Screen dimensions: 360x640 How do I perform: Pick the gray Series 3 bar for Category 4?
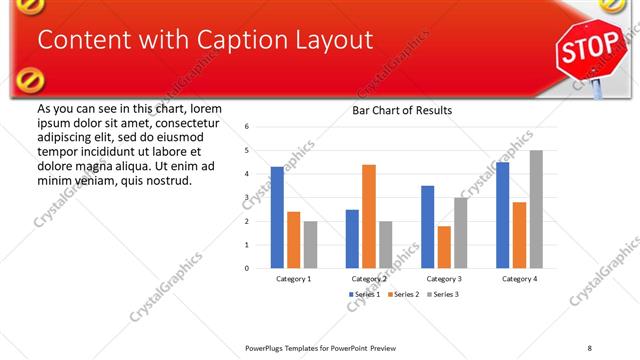[x=536, y=209]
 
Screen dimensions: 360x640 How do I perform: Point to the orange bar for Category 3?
[x=444, y=247]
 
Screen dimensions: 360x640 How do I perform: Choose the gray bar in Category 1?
[x=310, y=244]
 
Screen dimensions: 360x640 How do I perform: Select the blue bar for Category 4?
[x=502, y=215]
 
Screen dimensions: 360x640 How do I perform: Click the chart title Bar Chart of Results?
[x=402, y=110]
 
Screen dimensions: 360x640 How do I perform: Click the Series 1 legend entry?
[x=361, y=295]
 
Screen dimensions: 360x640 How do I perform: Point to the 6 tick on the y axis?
[x=246, y=127]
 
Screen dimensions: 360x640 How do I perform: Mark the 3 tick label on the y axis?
[x=246, y=197]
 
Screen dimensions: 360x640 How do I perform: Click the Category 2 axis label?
[x=369, y=279]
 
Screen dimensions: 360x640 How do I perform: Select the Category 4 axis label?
[x=519, y=279]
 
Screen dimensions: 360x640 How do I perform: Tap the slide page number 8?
[x=590, y=347]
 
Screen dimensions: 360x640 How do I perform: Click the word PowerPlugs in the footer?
[x=264, y=347]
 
